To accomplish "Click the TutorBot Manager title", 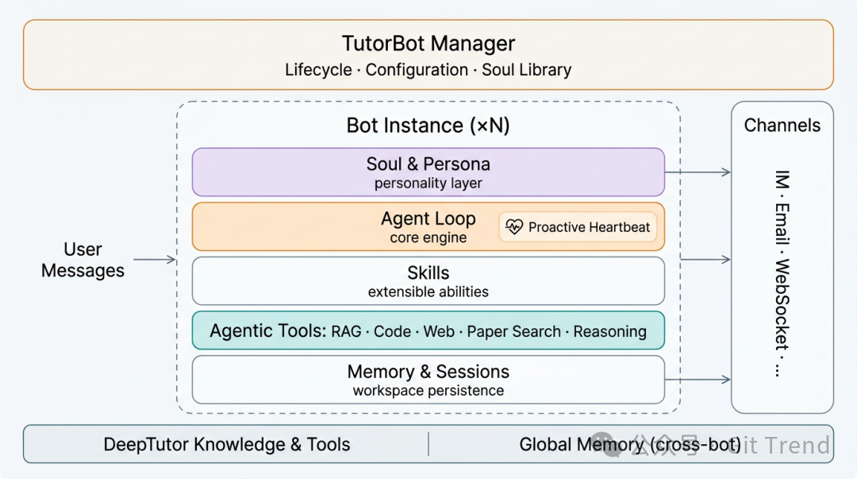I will (x=428, y=43).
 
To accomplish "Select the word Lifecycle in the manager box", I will (x=318, y=70).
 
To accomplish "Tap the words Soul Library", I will (x=527, y=70).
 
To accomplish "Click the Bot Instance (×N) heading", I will (x=428, y=126).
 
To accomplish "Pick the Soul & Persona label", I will (x=428, y=164).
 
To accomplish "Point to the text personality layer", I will (x=428, y=183).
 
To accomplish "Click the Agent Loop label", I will (x=428, y=218).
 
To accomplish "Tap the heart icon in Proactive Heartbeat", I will (x=514, y=227).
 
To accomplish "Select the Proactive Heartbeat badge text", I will (x=589, y=227).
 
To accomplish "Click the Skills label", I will (x=428, y=273).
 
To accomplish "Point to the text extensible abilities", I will (x=428, y=292).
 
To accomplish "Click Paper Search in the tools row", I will (x=513, y=331).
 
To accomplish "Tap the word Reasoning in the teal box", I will (x=609, y=331).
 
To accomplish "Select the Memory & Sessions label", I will (x=428, y=372).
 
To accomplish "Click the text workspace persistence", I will (x=428, y=391).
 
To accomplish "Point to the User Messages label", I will (x=83, y=260).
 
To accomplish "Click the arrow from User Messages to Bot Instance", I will (x=154, y=260).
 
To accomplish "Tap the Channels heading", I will (x=782, y=126).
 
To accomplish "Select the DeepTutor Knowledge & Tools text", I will (x=227, y=445).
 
